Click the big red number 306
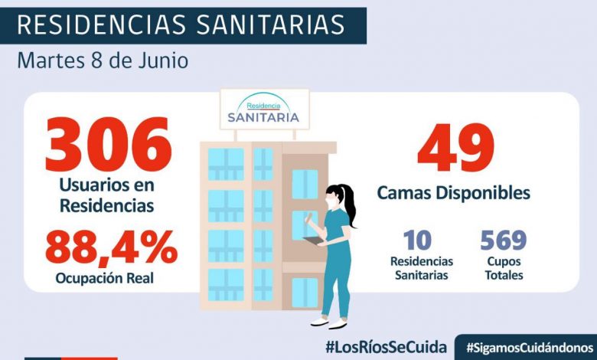[108, 146]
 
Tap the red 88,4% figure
[111, 247]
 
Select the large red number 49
[455, 148]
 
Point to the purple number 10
[417, 241]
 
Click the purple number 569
[503, 241]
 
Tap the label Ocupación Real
[104, 278]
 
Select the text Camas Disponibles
[453, 193]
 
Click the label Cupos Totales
[503, 268]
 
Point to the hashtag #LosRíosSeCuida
[385, 346]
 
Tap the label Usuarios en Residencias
[108, 195]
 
